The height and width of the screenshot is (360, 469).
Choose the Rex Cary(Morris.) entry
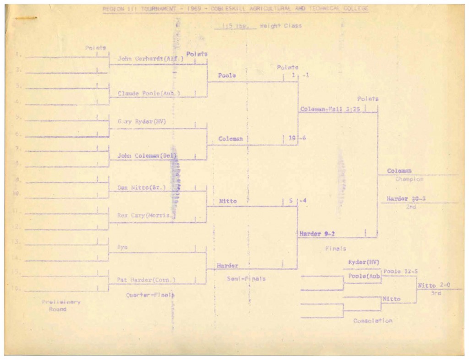tap(140, 215)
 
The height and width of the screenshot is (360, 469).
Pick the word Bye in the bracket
tap(122, 247)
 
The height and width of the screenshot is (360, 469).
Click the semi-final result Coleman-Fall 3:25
tap(328, 109)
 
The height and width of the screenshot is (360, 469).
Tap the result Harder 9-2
tap(317, 234)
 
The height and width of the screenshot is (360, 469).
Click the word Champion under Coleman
tap(409, 179)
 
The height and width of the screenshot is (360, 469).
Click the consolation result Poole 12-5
tap(398, 271)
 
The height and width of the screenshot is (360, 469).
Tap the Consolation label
tap(372, 321)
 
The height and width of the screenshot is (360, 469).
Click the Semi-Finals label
tap(246, 278)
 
